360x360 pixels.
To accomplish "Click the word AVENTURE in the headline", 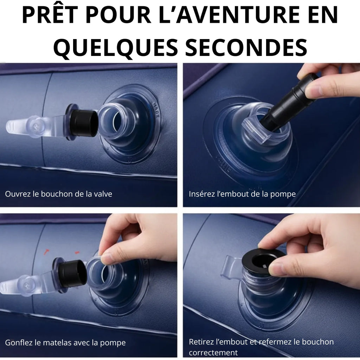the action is (x=231, y=15).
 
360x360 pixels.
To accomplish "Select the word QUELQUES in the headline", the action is (x=115, y=48).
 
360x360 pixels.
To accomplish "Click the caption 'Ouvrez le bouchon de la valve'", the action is (x=59, y=194).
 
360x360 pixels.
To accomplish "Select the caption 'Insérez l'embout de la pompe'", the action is (x=242, y=194).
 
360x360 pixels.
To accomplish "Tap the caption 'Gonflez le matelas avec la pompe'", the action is (x=65, y=343).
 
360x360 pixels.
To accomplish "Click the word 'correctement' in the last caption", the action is (x=213, y=352).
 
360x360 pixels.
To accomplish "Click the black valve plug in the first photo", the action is (x=83, y=122).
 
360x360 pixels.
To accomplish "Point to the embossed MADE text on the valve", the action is (x=155, y=110).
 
